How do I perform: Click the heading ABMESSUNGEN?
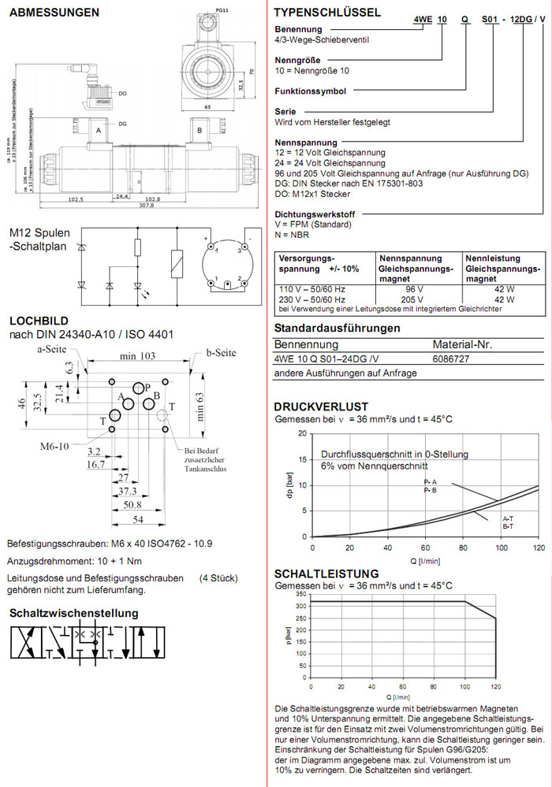[54, 13]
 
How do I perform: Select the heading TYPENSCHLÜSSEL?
[326, 13]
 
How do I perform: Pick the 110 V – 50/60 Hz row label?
[312, 289]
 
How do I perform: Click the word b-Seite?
[222, 352]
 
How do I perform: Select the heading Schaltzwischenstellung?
[74, 613]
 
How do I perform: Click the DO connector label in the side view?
[123, 94]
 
